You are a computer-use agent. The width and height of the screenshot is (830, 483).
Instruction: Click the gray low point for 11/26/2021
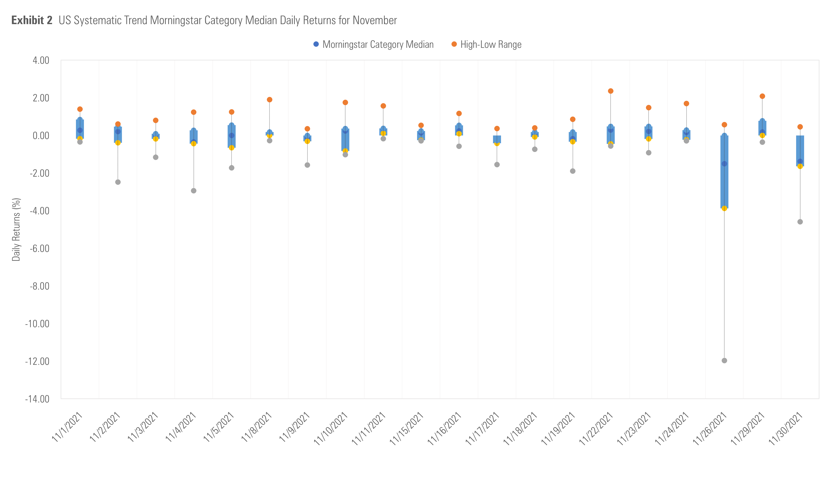[724, 360]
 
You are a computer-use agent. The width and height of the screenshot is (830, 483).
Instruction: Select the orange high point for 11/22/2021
[611, 91]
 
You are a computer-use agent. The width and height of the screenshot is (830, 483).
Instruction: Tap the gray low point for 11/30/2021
[800, 222]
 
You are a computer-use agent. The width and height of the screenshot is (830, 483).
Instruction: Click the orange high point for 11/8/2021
[269, 99]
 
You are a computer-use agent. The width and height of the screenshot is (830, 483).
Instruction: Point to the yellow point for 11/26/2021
[724, 208]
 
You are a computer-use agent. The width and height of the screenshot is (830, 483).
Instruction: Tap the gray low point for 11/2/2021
[118, 182]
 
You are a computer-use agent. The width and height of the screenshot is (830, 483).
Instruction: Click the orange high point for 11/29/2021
[762, 96]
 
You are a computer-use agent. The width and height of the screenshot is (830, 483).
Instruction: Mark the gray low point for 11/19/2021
[573, 171]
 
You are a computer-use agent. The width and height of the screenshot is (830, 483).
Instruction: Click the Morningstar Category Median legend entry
[373, 44]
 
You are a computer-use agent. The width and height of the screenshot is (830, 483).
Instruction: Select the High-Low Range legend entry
[487, 44]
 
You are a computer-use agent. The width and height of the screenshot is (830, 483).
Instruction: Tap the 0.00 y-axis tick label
[41, 135]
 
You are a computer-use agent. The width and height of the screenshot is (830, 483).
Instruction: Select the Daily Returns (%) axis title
[16, 230]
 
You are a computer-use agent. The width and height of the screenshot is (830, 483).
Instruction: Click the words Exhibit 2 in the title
[32, 21]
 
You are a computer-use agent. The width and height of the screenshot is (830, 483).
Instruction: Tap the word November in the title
[375, 21]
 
